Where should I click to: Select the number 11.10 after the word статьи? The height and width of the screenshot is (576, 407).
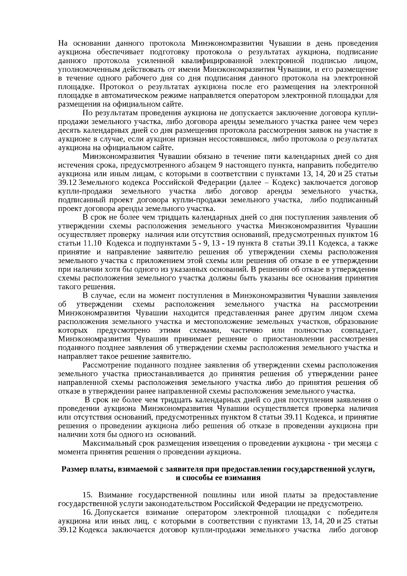click(91, 243)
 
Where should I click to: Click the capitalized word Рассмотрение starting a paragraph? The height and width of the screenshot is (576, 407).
click(107, 365)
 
